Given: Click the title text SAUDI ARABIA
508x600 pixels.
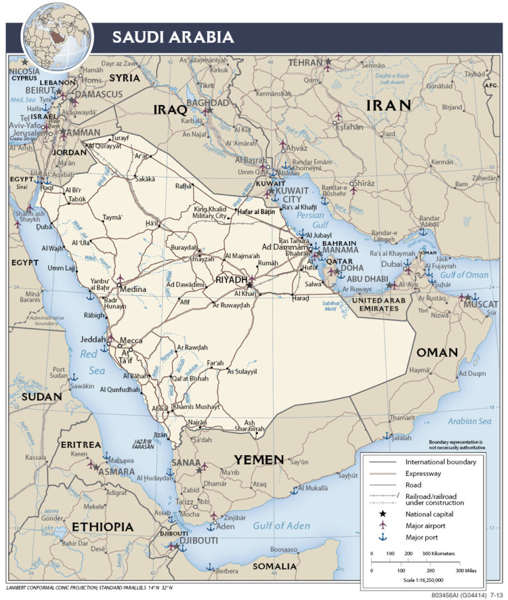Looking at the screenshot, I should tap(173, 37).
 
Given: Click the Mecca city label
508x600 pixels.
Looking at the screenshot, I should tap(130, 342).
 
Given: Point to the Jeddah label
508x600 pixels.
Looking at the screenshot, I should tap(93, 340).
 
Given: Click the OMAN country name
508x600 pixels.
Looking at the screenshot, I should tap(437, 352).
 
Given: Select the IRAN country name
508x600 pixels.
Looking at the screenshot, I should tap(389, 105).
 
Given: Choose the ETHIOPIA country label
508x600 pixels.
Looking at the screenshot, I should tap(103, 527).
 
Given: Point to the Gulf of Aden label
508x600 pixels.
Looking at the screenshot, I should tap(282, 525).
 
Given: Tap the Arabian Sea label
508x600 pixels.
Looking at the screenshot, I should tap(469, 421).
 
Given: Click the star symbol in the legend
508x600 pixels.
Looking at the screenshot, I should tap(382, 513).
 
